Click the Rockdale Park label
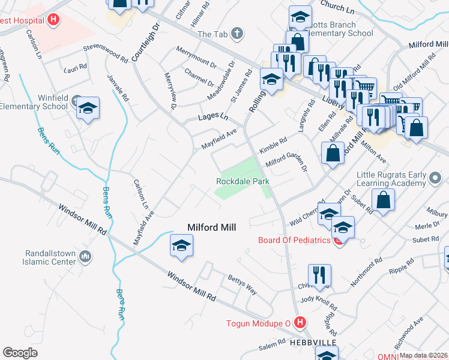click(243, 181)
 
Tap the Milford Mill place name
click(212, 227)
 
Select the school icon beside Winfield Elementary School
click(88, 109)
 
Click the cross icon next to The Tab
click(238, 34)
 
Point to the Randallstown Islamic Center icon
click(85, 257)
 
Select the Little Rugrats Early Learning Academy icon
click(436, 175)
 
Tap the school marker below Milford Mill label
click(181, 245)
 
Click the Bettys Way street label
click(243, 284)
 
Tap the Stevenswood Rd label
click(106, 53)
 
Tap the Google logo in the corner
click(20, 352)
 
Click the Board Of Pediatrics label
click(294, 240)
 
